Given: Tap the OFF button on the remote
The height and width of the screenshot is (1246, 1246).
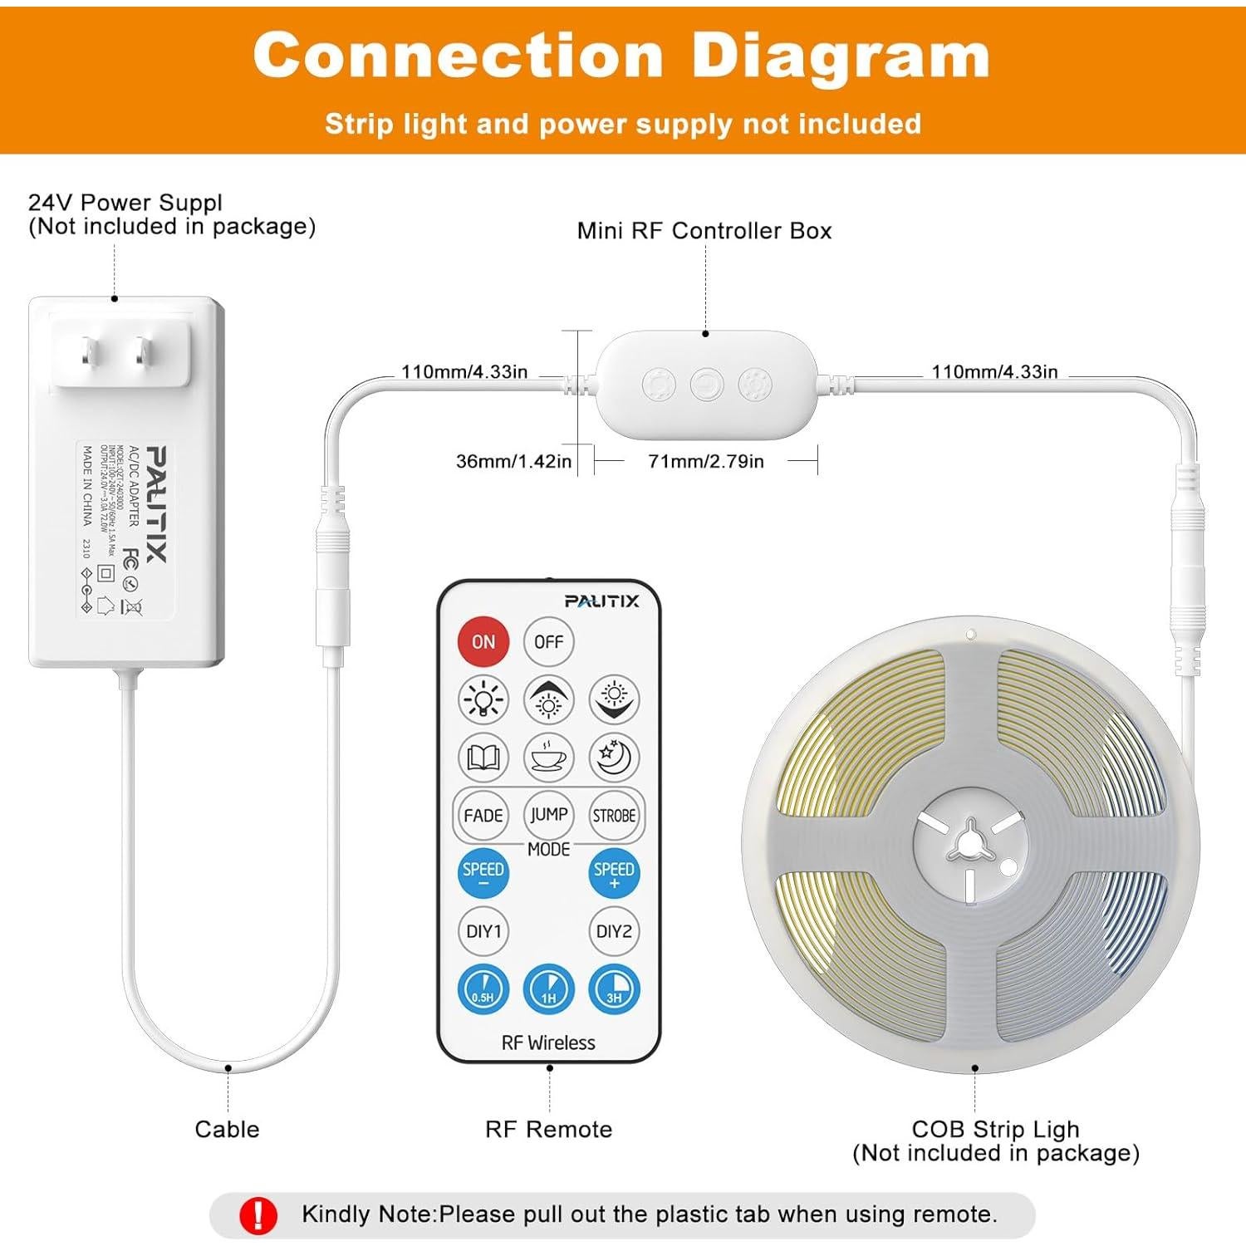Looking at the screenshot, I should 548,642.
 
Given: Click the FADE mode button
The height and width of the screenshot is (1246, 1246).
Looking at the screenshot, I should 483,816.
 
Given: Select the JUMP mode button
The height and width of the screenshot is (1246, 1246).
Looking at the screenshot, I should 548,816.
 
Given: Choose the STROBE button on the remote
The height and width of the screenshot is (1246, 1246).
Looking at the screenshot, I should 614,816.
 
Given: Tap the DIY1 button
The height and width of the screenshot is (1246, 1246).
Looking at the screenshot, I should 483,931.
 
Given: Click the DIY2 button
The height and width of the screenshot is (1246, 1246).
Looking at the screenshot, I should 614,931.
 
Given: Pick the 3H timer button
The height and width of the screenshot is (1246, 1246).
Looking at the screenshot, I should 614,990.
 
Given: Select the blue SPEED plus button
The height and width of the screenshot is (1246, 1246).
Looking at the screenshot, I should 614,874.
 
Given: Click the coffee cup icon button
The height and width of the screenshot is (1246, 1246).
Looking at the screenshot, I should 548,758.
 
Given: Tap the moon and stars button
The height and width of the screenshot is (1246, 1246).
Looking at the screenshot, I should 614,758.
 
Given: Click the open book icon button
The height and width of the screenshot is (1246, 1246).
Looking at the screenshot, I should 483,758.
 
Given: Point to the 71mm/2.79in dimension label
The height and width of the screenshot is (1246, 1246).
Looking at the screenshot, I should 706,461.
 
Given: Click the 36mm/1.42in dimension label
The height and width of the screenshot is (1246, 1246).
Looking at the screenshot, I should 513,461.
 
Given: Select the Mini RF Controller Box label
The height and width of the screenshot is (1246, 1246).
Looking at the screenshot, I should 704,231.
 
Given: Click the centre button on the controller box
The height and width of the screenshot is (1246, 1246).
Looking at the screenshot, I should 707,385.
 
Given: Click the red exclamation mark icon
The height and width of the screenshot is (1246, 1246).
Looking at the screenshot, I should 258,1215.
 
